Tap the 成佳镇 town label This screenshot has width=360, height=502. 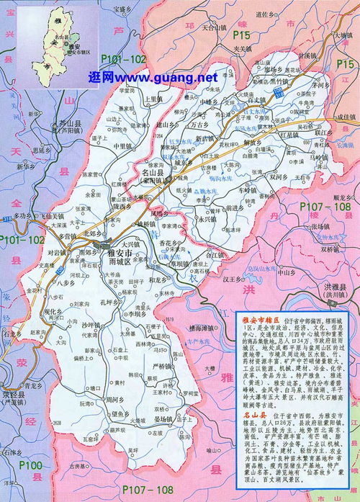(x=344, y=117)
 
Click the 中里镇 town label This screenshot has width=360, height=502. (x=124, y=146)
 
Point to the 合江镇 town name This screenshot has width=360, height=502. (x=216, y=254)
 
